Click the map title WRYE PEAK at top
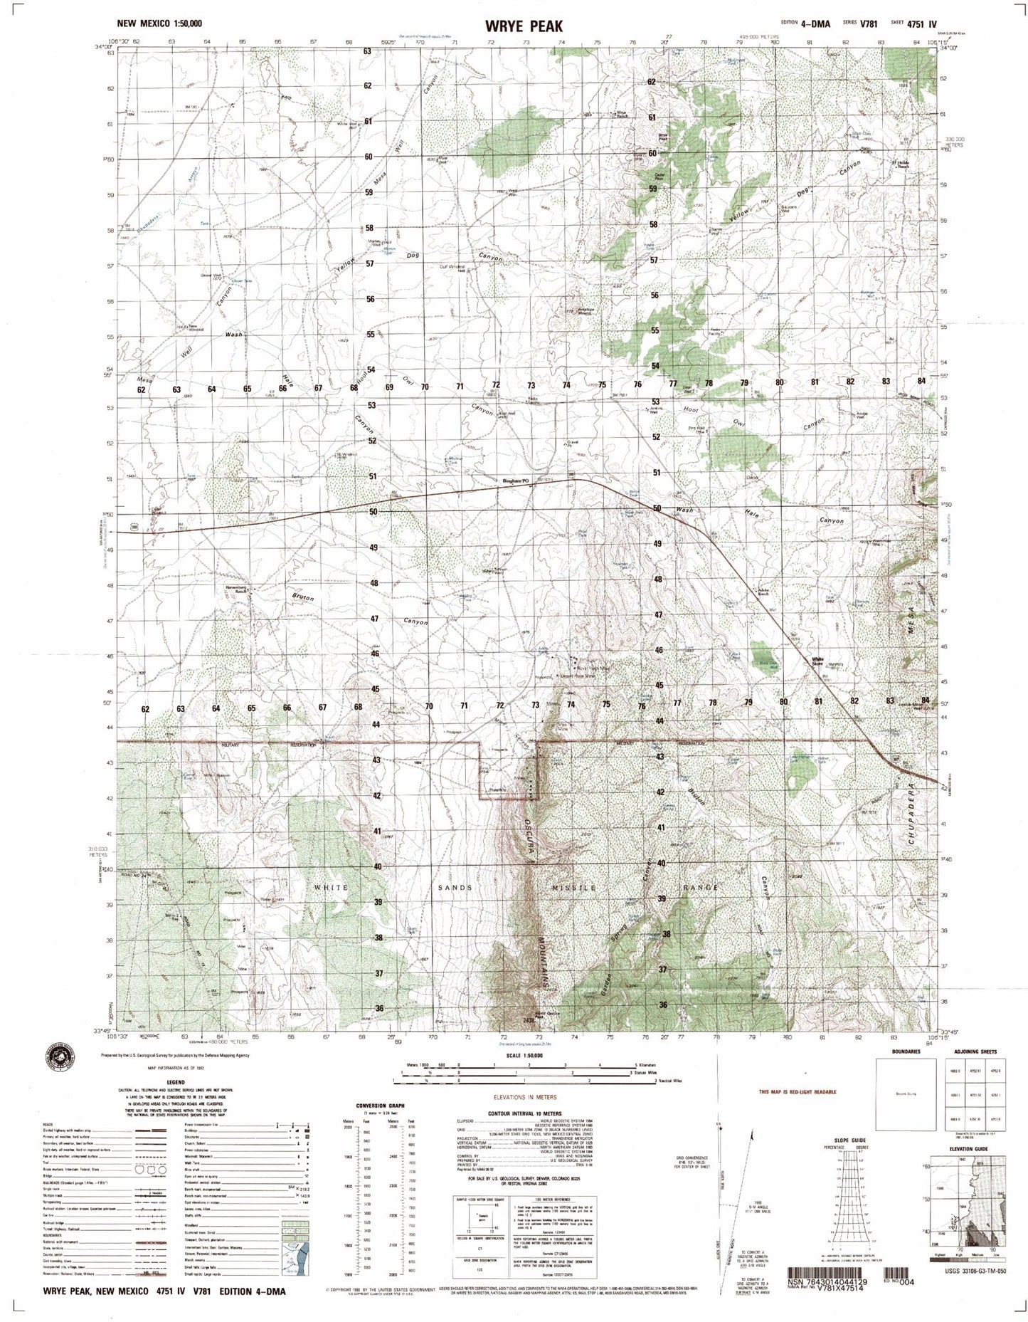[514, 26]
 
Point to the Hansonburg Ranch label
[236, 587]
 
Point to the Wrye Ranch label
[622, 113]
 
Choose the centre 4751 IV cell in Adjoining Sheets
[971, 1094]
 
